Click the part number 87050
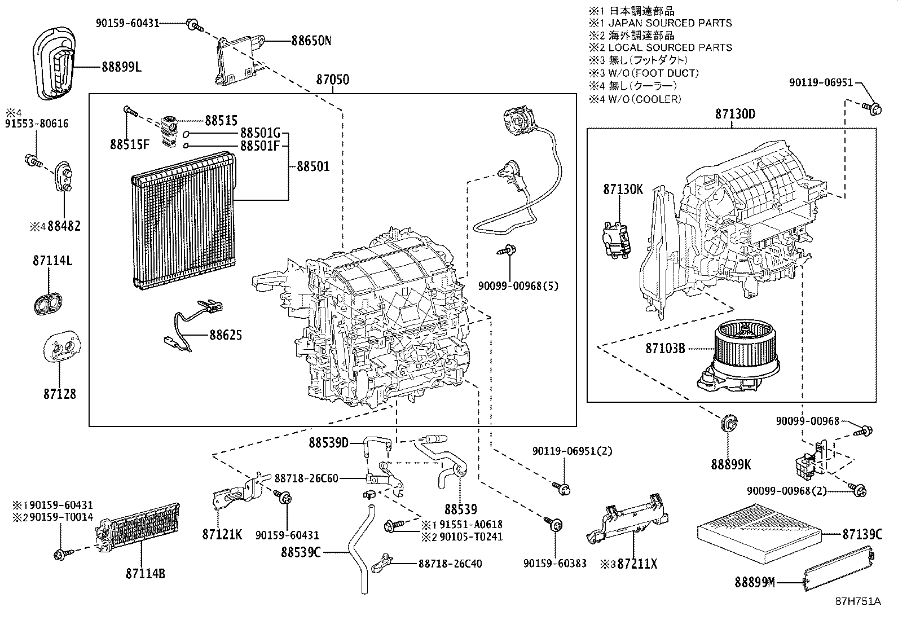332,80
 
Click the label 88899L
122,67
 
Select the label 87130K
623,190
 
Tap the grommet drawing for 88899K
730,424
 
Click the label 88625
226,335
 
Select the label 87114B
146,574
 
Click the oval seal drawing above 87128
49,304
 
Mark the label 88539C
301,552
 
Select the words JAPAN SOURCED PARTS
670,23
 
